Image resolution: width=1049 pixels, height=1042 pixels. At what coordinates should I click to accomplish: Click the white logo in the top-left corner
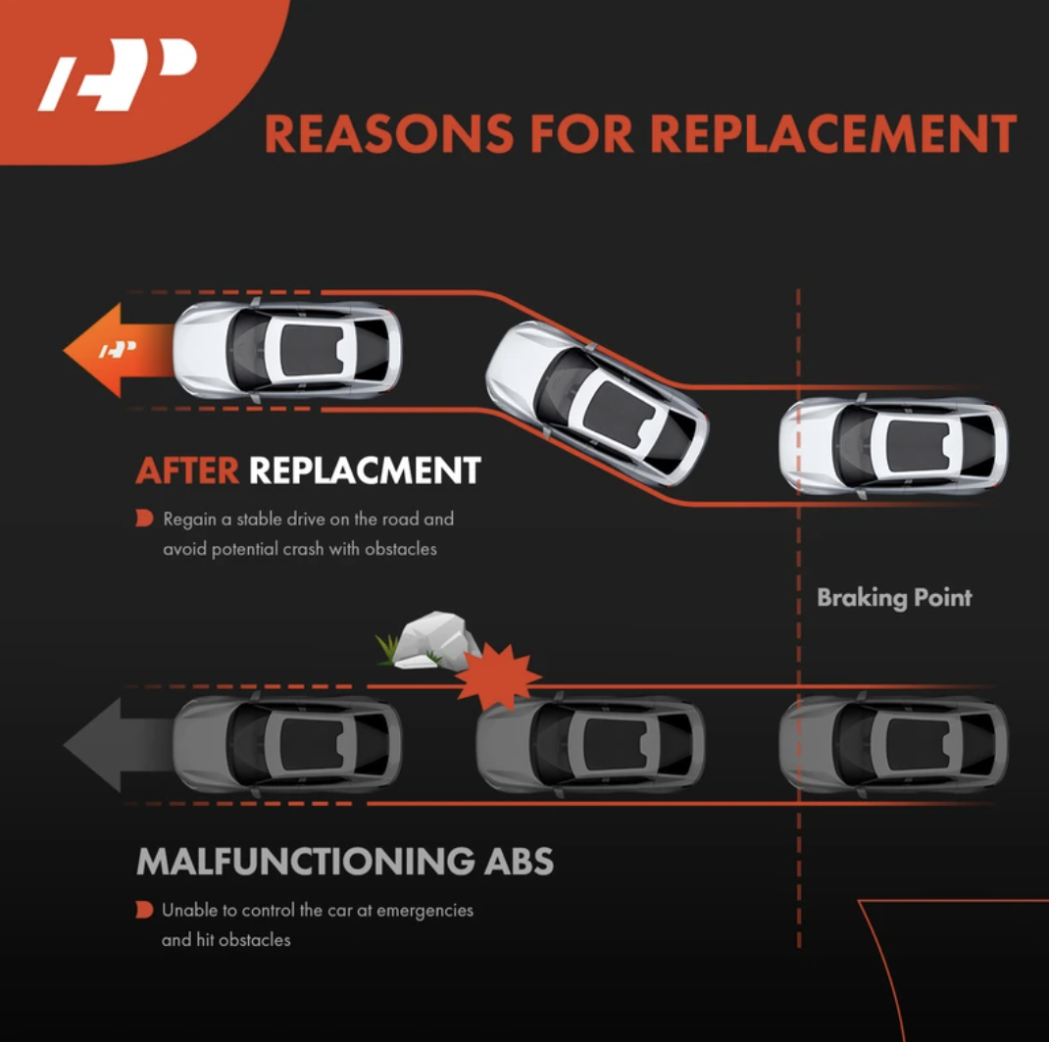[118, 74]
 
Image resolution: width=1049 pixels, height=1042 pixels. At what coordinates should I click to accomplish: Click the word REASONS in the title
[388, 133]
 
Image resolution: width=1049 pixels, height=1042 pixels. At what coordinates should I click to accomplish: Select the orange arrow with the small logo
[119, 350]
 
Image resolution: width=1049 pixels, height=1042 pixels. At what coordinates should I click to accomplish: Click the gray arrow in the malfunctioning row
[119, 744]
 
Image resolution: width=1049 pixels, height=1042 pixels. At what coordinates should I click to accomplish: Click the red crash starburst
[498, 676]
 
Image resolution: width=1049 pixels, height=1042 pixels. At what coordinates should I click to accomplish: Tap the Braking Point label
[894, 597]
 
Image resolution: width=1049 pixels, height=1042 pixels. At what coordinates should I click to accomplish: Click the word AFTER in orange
[187, 471]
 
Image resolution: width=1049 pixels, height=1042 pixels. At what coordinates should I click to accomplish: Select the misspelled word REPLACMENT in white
[366, 471]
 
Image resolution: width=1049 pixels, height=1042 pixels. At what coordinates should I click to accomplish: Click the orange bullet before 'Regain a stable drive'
[144, 519]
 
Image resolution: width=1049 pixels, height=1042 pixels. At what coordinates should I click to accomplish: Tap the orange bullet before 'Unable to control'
[144, 910]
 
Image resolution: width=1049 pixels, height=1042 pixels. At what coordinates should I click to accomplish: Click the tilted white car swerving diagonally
[596, 403]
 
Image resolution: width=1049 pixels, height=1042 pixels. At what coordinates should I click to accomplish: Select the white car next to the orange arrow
[287, 350]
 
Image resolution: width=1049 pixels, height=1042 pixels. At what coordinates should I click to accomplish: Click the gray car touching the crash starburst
[590, 744]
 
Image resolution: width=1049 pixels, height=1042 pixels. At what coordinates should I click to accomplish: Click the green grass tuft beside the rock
[387, 649]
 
